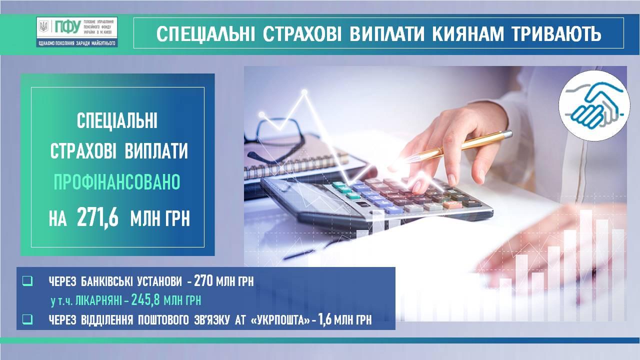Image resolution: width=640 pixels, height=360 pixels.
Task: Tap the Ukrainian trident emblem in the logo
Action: (x=43, y=26)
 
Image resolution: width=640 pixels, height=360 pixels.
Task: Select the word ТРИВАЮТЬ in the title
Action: (x=556, y=34)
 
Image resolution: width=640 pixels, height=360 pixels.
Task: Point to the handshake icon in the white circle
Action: (x=594, y=105)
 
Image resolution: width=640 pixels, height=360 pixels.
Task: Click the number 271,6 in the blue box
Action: (x=97, y=217)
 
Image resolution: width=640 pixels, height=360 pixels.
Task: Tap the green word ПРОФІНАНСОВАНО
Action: (x=117, y=182)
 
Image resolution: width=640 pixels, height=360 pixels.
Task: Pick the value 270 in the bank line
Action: (x=203, y=281)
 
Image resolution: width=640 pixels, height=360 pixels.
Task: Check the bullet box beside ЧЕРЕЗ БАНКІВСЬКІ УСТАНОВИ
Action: (x=27, y=281)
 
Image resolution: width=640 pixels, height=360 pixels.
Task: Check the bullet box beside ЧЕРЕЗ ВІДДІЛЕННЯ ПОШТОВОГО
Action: (x=27, y=319)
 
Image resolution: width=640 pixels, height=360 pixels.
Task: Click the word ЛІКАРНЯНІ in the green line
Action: (x=99, y=300)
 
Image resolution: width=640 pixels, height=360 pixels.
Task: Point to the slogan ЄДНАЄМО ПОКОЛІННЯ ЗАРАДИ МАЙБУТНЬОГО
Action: (x=77, y=43)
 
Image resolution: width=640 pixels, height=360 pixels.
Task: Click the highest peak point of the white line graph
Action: (x=304, y=92)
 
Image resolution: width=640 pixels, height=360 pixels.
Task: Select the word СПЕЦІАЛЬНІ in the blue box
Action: (x=117, y=120)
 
